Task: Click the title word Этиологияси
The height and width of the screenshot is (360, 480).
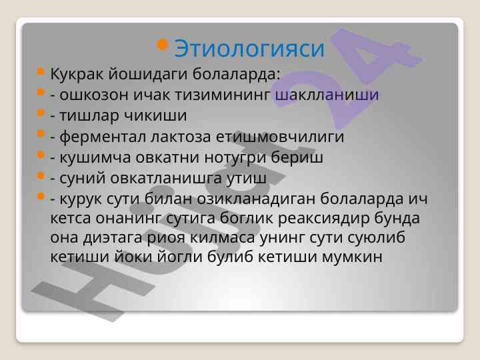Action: coord(249,49)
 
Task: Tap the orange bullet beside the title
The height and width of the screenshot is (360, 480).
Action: coord(162,45)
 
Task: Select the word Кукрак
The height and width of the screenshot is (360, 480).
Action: coord(77,75)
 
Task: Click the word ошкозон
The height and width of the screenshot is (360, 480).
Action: coord(94,95)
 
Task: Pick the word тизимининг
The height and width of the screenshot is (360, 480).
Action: coord(223,95)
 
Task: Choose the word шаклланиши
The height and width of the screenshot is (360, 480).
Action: coord(327,95)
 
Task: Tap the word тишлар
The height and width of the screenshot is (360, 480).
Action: coord(89,116)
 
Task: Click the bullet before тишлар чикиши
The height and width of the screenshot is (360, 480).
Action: coord(41,113)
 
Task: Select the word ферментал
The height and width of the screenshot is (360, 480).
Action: coord(103,137)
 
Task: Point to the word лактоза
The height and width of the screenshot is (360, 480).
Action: coord(181,137)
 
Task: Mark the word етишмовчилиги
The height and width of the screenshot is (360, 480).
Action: coord(280,137)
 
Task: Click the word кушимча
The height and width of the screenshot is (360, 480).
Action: coord(95,157)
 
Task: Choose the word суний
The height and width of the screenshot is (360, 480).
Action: coord(83,178)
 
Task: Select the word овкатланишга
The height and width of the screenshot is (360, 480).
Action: coord(166,178)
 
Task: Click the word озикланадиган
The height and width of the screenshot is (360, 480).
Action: coord(256,199)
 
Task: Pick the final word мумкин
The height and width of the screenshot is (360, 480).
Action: coord(352,257)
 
